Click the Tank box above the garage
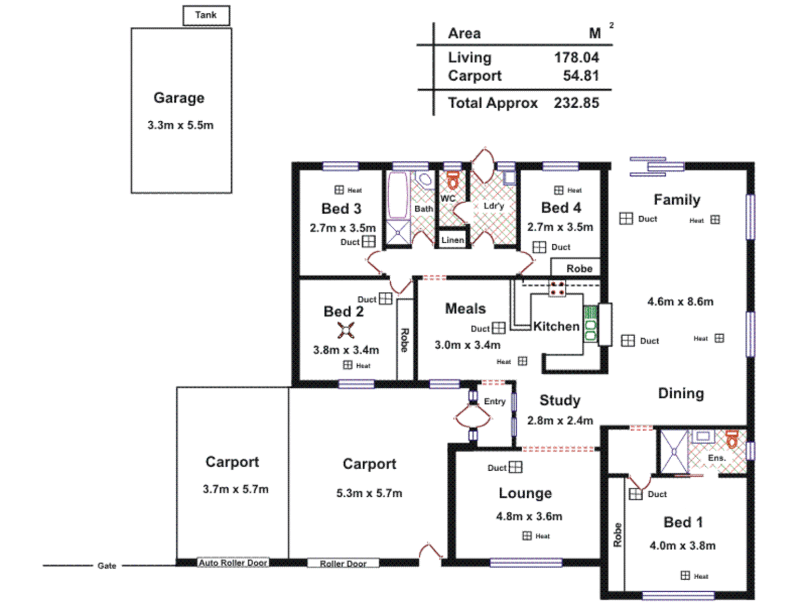tap(206, 15)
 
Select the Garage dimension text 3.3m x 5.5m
tap(180, 125)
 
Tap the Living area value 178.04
tap(576, 58)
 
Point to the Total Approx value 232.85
tap(576, 103)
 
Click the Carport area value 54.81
tap(580, 76)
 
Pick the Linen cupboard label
tap(452, 240)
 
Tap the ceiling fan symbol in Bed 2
tap(346, 331)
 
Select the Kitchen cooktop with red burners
tap(557, 288)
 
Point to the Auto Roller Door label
tap(233, 562)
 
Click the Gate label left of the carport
tap(106, 566)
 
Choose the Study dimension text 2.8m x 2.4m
tap(560, 421)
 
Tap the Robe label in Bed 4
tap(579, 268)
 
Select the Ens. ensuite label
tap(716, 458)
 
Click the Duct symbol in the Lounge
tap(516, 467)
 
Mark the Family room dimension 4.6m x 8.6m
tap(680, 302)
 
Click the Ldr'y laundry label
tap(494, 206)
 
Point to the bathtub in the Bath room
tap(397, 195)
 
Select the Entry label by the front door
tap(494, 401)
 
